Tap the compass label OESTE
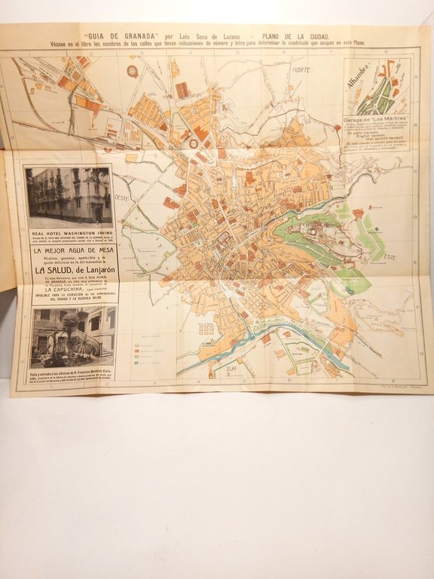pos(122,198)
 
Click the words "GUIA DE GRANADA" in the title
pos(116,35)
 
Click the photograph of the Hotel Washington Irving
pos(69,198)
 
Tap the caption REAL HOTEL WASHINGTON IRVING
pos(69,234)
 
